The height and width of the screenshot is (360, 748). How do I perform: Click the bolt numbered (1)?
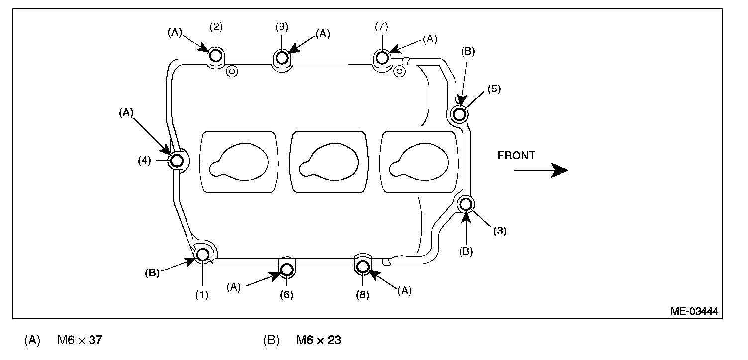tap(202, 255)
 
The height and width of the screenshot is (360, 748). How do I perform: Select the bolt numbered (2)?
tap(216, 55)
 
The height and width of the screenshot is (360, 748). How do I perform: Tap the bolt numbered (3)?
tap(466, 204)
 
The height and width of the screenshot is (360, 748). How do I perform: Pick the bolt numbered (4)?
tap(177, 161)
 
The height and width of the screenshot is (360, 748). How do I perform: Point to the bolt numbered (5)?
tap(459, 114)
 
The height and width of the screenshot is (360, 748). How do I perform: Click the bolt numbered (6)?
tap(287, 270)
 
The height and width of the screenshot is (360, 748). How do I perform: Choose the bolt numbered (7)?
tap(382, 58)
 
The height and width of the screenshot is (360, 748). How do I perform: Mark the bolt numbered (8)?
tap(363, 266)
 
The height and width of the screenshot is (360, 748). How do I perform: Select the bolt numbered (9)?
tap(282, 58)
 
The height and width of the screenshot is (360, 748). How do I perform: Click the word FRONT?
tap(516, 156)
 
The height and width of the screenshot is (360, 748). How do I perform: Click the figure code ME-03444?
tap(694, 311)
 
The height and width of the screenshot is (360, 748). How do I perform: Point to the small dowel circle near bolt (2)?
tap(232, 71)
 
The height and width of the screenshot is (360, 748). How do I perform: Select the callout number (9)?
tap(282, 26)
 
